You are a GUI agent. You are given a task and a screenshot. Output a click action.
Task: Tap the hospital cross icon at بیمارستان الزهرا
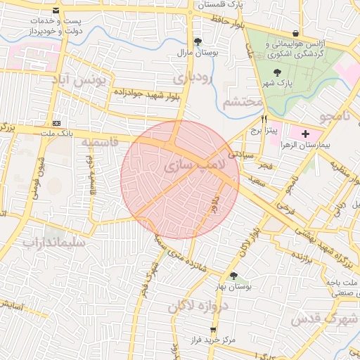click(x=305, y=134)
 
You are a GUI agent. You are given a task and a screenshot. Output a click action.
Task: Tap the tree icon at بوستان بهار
click(x=233, y=276)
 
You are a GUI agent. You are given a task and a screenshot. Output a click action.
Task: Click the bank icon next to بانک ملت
click(x=57, y=122)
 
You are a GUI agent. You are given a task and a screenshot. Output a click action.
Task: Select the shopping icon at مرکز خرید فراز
click(x=212, y=329)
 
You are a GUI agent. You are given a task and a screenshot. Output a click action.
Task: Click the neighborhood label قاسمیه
click(x=97, y=143)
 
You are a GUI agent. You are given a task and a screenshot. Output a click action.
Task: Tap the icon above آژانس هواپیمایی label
click(x=295, y=33)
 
